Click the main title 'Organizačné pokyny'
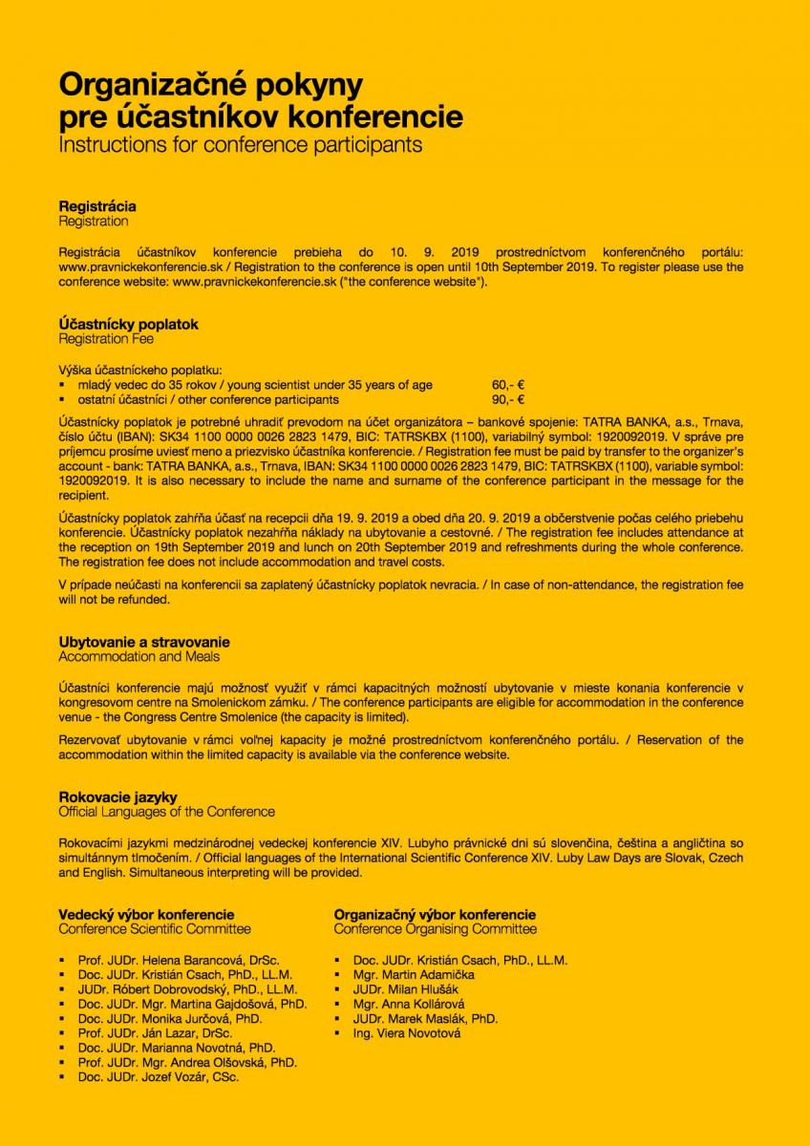pos(210,85)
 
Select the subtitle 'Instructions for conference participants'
pos(240,146)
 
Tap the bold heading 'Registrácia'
pos(97,206)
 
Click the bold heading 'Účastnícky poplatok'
pos(128,324)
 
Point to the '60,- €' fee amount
pos(508,385)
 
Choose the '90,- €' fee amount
pos(508,399)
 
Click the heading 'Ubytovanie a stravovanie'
pos(144,642)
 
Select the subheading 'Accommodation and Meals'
pos(139,657)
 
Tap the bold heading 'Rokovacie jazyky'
pos(117,796)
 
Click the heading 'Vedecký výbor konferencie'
pos(146,914)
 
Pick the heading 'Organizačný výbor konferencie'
pos(435,914)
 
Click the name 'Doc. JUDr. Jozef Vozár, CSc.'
pos(159,1076)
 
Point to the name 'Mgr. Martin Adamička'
pos(414,974)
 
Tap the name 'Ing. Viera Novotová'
pos(407,1032)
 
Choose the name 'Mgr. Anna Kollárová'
pos(409,1004)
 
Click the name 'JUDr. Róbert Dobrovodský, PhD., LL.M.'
pos(187,989)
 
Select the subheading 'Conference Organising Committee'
pos(435,929)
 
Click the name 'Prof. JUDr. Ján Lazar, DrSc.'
pos(155,1032)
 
